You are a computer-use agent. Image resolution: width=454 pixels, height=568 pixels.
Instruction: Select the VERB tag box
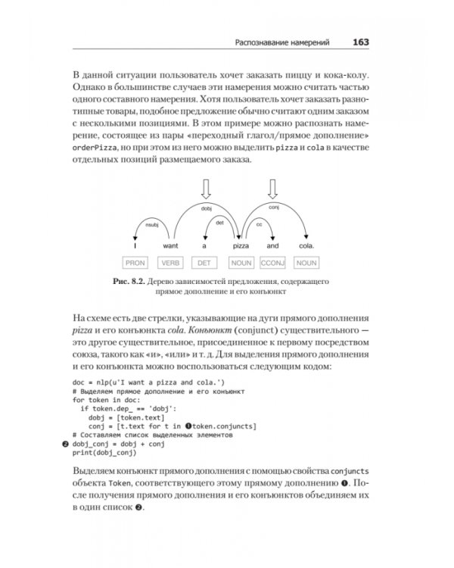click(x=169, y=263)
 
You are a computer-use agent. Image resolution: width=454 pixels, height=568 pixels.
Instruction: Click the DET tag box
click(x=204, y=263)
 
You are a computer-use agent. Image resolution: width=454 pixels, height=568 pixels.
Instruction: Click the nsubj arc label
click(x=151, y=225)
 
